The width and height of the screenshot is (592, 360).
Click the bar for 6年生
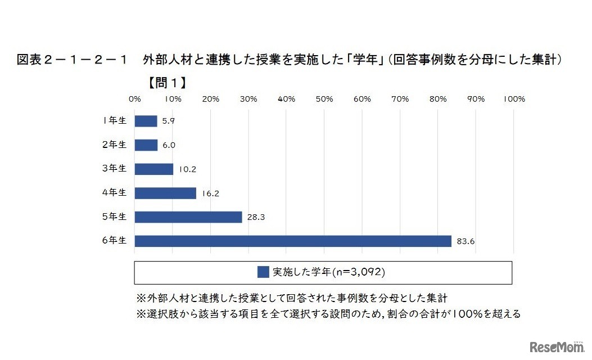pyautogui.click(x=293, y=241)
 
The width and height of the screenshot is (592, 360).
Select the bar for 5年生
pyautogui.click(x=188, y=217)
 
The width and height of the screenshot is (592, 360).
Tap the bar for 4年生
pyautogui.click(x=165, y=193)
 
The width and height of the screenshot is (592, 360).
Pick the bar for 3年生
pyautogui.click(x=154, y=169)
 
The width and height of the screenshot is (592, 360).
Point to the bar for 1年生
pyautogui.click(x=146, y=121)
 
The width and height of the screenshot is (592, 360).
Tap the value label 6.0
pyautogui.click(x=169, y=145)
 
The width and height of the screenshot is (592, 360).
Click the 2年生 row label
pyautogui.click(x=115, y=145)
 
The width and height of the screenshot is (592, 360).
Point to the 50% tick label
pyautogui.click(x=324, y=99)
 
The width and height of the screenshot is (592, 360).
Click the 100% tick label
pyautogui.click(x=513, y=99)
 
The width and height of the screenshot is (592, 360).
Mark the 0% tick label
pyautogui.click(x=135, y=99)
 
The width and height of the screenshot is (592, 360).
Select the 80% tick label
pyautogui.click(x=438, y=99)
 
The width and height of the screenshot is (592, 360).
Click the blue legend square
pyautogui.click(x=263, y=272)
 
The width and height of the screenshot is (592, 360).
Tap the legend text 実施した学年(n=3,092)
pyautogui.click(x=328, y=272)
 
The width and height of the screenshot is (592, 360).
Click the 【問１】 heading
pyautogui.click(x=167, y=83)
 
